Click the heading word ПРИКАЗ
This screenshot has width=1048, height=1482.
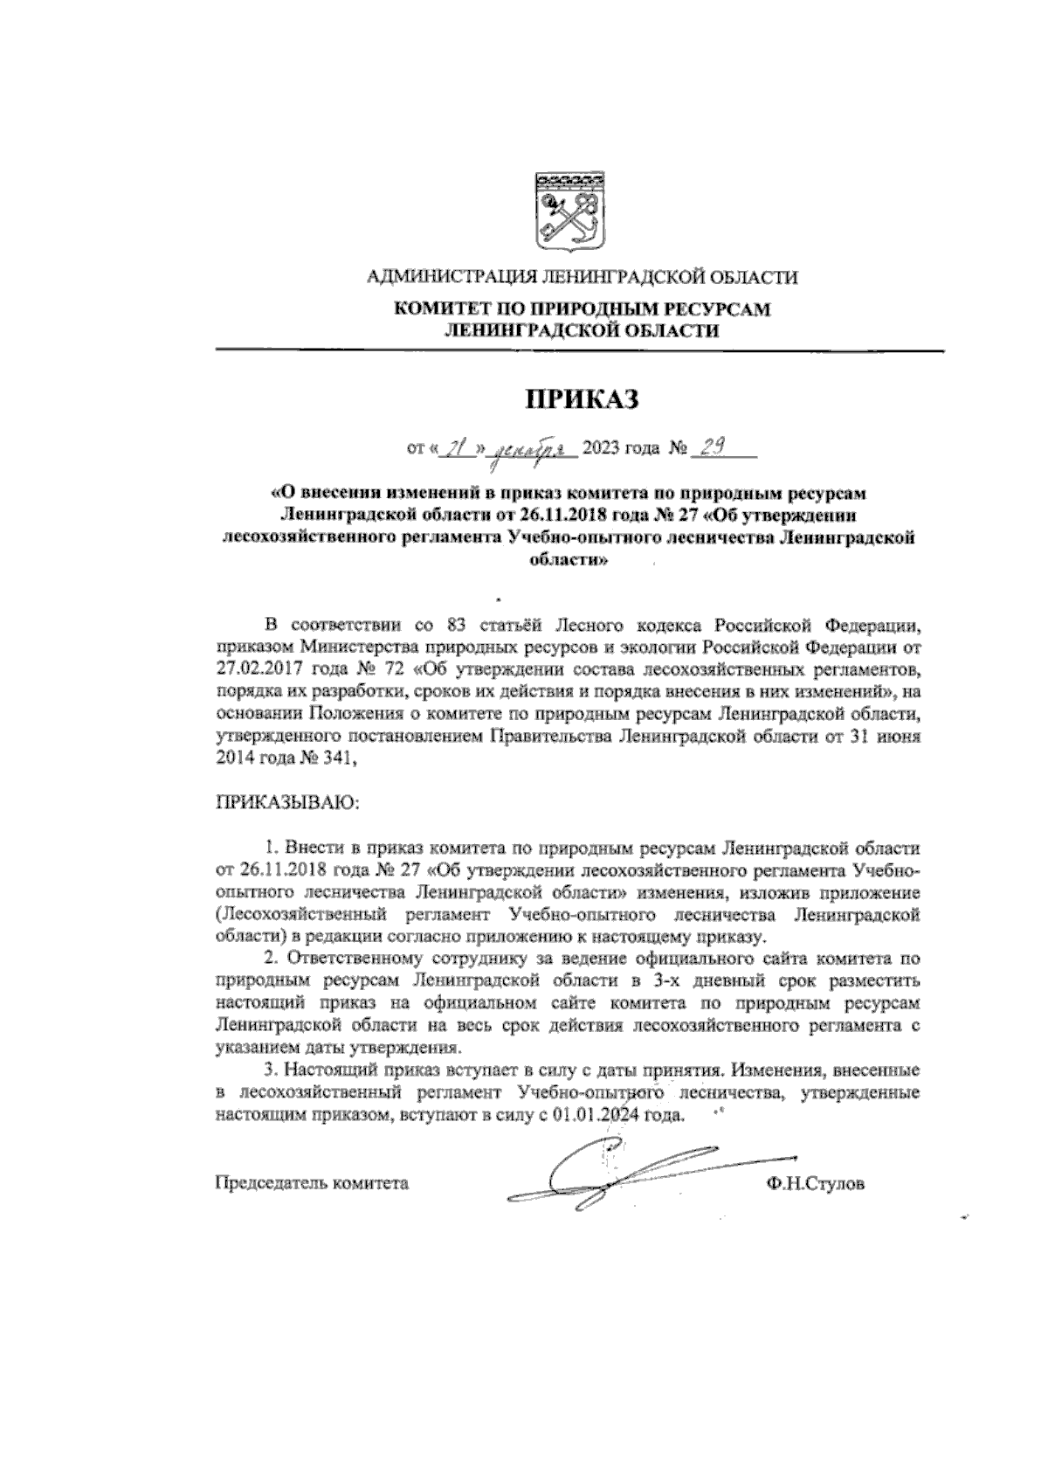coord(581,401)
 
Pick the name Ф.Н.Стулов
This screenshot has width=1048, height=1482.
coord(813,1185)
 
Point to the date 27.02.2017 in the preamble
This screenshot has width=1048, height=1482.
coord(253,671)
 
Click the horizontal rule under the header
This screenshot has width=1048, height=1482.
coord(580,351)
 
